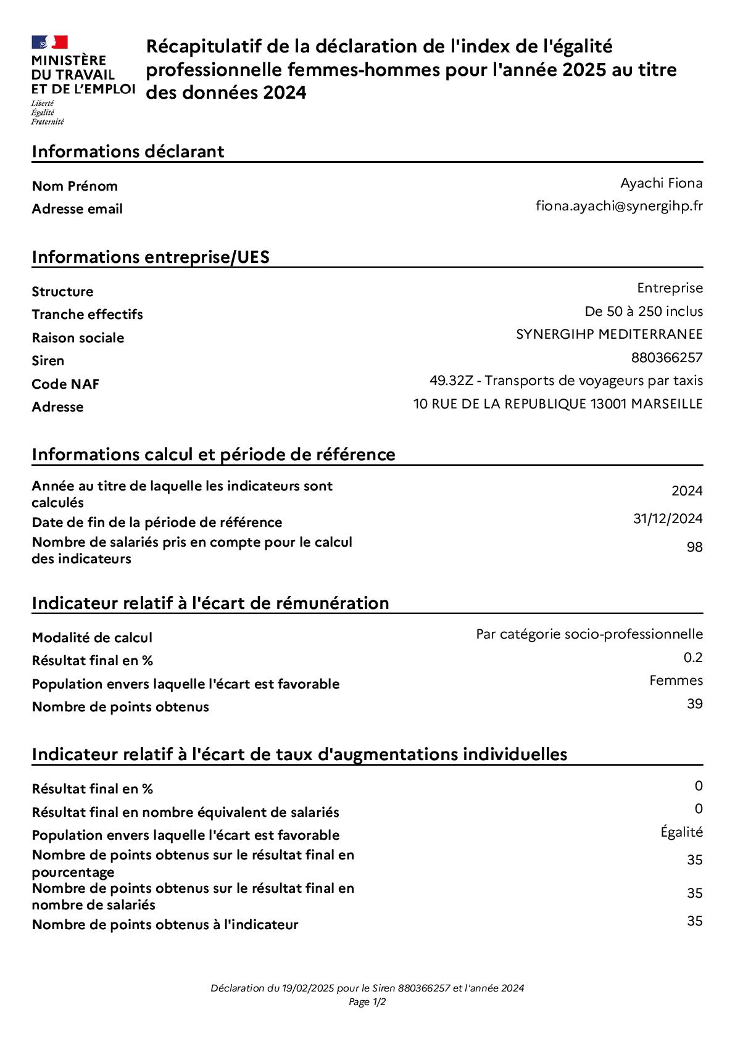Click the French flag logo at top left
pos(49,43)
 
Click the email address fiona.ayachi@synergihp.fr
pos(618,206)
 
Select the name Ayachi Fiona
pos(661,183)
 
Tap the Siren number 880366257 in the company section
pos(666,358)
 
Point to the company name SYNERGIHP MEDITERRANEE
pos(609,334)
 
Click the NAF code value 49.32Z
pos(451,381)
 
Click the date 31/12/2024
pos(668,519)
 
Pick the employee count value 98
pos(694,547)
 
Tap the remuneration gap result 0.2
pos(693,658)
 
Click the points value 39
pos(694,704)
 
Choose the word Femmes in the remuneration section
pos(676,681)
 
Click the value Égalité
pos(681,832)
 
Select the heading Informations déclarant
pos(128,152)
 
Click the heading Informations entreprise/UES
pos(151,257)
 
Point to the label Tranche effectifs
pos(87,315)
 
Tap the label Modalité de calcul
pos(92,638)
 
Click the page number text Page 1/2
pos(367,1002)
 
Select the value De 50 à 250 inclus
pos(644,312)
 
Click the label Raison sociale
pos(78,338)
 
